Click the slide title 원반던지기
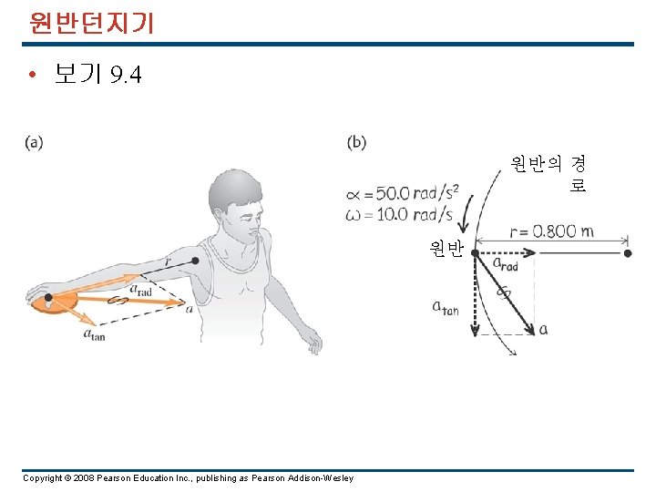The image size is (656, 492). [x=90, y=22]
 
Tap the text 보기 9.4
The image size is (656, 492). [x=97, y=75]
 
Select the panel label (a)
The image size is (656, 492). [x=35, y=142]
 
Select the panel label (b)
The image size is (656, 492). [x=357, y=142]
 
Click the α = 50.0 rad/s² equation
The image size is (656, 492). [x=402, y=194]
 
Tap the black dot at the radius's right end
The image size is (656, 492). [x=628, y=253]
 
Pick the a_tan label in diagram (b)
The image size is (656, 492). [x=445, y=307]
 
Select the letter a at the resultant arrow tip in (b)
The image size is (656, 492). [x=543, y=329]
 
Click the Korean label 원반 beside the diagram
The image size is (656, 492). [x=447, y=247]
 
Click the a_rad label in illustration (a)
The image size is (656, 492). [x=140, y=289]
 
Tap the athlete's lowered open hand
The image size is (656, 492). [x=313, y=343]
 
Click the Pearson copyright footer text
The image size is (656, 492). [x=188, y=478]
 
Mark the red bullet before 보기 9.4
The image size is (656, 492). [x=32, y=75]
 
